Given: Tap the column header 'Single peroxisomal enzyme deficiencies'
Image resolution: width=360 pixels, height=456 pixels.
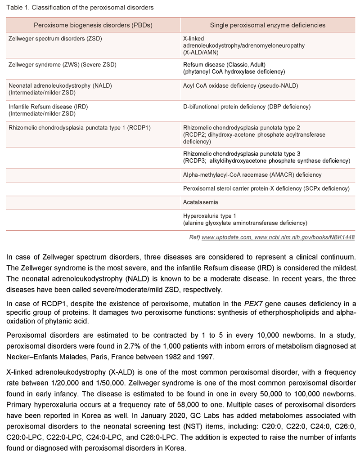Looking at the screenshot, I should pyautogui.click(x=268, y=26).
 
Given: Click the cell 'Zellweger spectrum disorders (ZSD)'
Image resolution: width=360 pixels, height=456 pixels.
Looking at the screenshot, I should pyautogui.click(x=55, y=39).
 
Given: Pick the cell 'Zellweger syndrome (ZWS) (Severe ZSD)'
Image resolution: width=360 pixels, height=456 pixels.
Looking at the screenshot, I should pyautogui.click(x=63, y=65).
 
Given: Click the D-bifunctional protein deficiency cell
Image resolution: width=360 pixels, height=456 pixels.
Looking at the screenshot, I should pyautogui.click(x=247, y=107).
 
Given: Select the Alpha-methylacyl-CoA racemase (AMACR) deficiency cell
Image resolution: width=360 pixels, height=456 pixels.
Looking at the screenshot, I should pyautogui.click(x=252, y=175).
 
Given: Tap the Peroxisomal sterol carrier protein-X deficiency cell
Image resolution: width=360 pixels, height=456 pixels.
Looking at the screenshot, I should pyautogui.click(x=266, y=189).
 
